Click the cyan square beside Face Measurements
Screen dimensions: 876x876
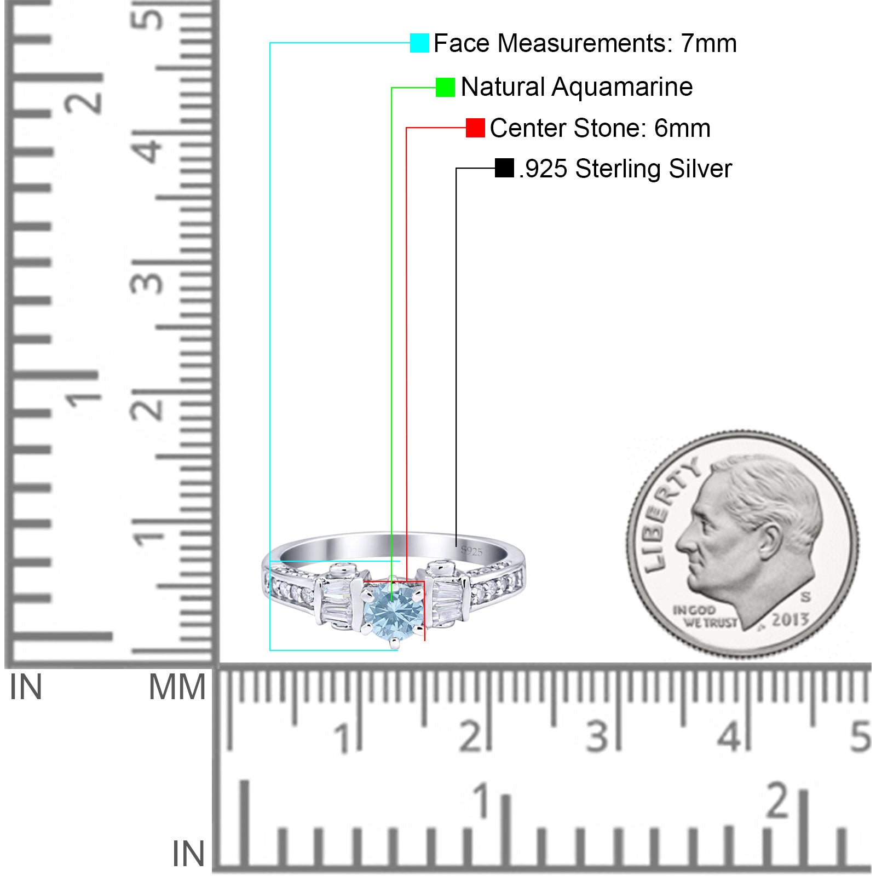click(419, 43)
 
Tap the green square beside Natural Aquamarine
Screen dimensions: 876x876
click(445, 87)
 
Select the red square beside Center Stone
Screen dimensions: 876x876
click(475, 128)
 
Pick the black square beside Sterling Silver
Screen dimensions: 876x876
click(504, 168)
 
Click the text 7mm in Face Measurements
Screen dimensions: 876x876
click(709, 43)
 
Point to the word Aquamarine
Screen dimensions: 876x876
click(622, 87)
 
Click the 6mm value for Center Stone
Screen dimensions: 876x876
click(682, 128)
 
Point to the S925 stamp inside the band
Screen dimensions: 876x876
click(471, 550)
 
